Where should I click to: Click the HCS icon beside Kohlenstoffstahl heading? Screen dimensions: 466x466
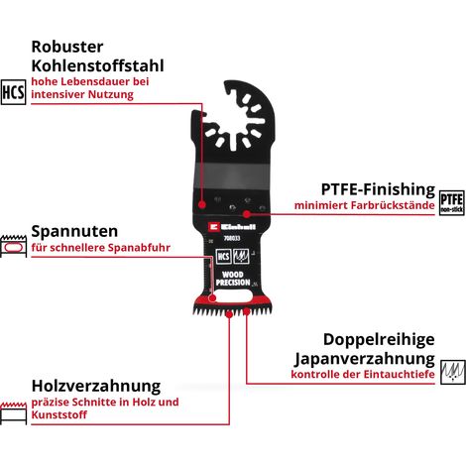pyautogui.click(x=13, y=92)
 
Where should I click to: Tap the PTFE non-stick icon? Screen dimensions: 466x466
pyautogui.click(x=452, y=203)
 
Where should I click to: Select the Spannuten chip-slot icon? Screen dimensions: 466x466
pyautogui.click(x=13, y=246)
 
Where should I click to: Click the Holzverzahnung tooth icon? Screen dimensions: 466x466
pyautogui.click(x=13, y=413)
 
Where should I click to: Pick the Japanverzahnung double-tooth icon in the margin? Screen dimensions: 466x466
pyautogui.click(x=453, y=372)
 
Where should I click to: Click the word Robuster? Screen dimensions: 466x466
pyautogui.click(x=67, y=47)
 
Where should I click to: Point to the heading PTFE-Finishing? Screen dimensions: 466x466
pyautogui.click(x=378, y=189)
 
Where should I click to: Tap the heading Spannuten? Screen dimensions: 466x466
pyautogui.click(x=74, y=231)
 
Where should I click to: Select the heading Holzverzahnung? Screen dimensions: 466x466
pyautogui.click(x=96, y=386)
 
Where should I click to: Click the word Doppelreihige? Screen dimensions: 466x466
pyautogui.click(x=379, y=339)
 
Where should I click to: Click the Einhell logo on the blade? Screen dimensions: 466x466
pyautogui.click(x=232, y=227)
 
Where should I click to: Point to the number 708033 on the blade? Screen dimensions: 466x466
pyautogui.click(x=232, y=238)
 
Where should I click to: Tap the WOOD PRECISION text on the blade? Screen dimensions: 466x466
pyautogui.click(x=233, y=279)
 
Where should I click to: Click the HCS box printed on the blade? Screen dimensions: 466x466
pyautogui.click(x=223, y=257)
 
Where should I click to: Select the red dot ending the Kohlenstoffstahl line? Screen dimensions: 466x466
pyautogui.click(x=202, y=204)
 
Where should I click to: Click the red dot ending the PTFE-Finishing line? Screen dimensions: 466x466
pyautogui.click(x=246, y=214)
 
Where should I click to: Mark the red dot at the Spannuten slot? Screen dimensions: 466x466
pyautogui.click(x=212, y=298)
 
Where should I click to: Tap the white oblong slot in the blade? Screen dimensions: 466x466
pyautogui.click(x=233, y=296)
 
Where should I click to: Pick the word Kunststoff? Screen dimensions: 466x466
pyautogui.click(x=59, y=414)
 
